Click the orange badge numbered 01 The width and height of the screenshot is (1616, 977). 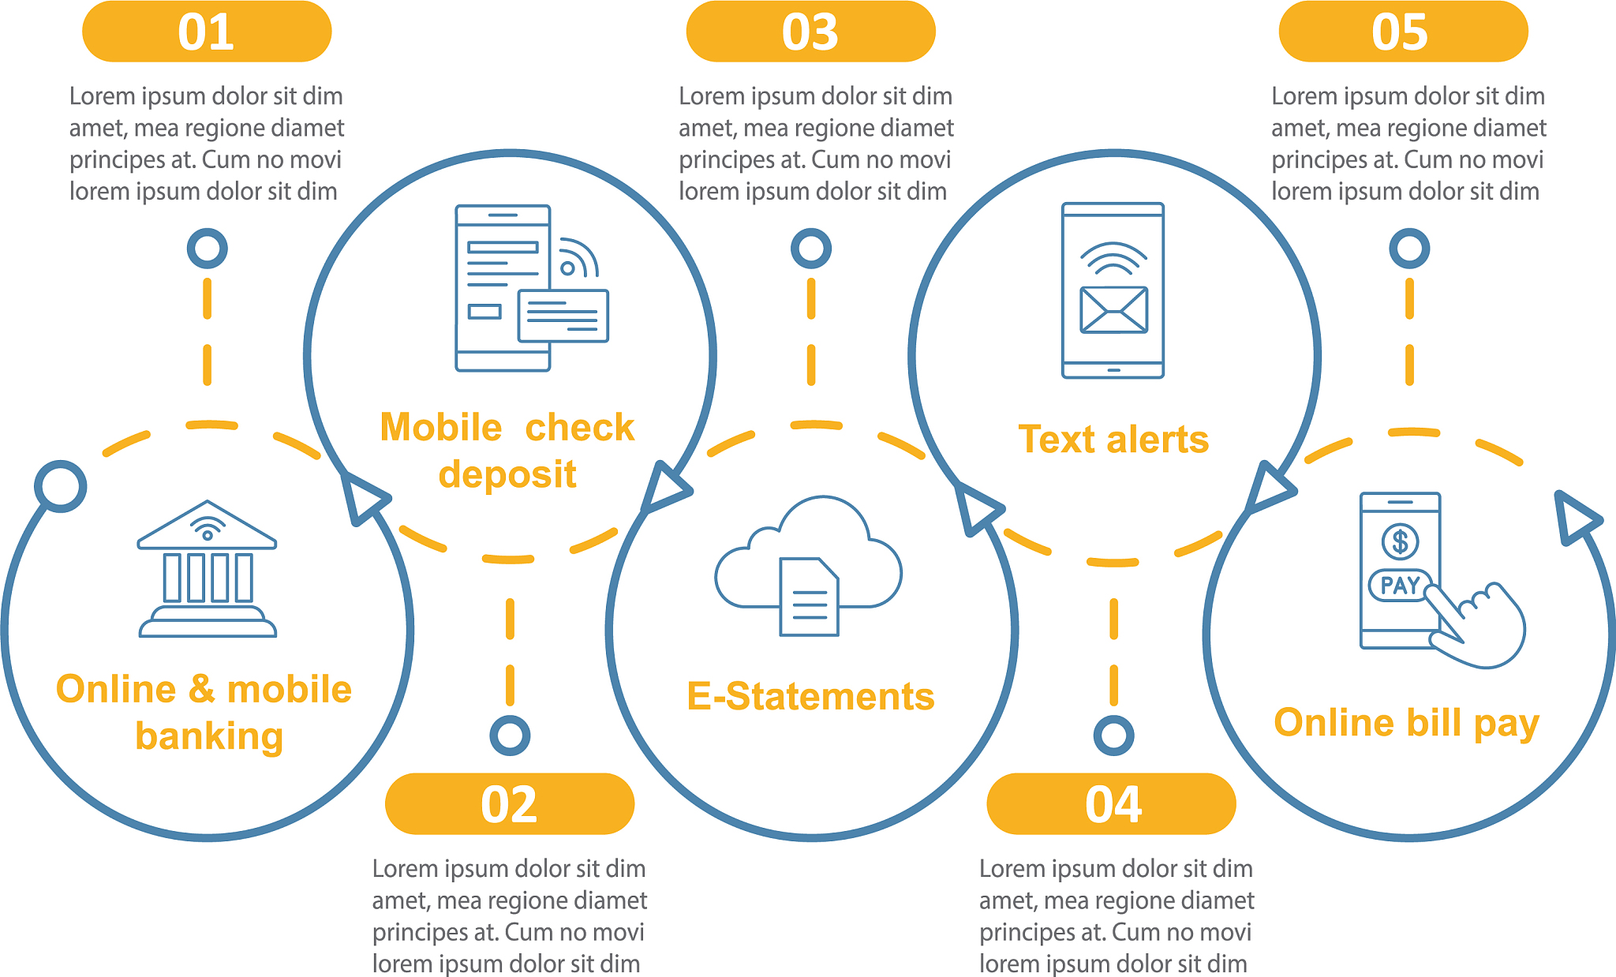(x=207, y=32)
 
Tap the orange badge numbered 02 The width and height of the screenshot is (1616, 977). (x=510, y=804)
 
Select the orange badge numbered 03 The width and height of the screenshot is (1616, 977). (x=810, y=32)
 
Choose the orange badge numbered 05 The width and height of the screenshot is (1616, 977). (x=1403, y=32)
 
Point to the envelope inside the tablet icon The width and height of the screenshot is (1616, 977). (x=1113, y=309)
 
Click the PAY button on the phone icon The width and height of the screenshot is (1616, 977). (x=1400, y=586)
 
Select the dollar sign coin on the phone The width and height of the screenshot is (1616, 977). (x=1400, y=541)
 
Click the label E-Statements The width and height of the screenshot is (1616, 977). (x=810, y=697)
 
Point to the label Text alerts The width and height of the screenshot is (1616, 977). (x=1113, y=440)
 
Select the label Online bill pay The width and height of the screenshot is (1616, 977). (x=1406, y=723)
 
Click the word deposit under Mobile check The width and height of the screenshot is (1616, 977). (x=507, y=475)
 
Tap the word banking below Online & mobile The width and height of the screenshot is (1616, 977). (x=209, y=736)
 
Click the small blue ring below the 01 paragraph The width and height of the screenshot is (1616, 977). (x=208, y=249)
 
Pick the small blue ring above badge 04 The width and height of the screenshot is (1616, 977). (x=1113, y=736)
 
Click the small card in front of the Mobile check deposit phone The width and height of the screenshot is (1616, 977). (x=563, y=316)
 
